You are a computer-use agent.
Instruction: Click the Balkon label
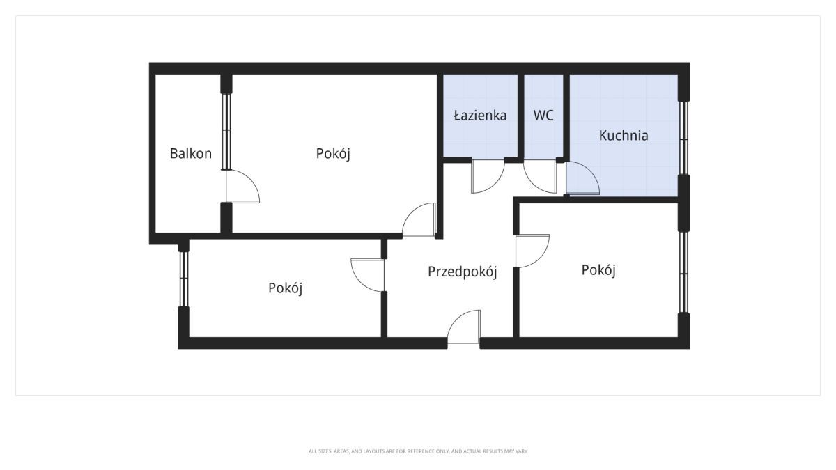(191, 153)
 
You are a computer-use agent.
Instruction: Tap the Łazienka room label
(480, 116)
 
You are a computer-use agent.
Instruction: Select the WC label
(543, 116)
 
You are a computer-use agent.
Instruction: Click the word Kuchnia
(624, 135)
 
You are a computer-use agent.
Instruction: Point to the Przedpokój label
(463, 272)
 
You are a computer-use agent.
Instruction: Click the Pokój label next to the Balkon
(333, 153)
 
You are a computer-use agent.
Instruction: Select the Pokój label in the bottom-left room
(285, 288)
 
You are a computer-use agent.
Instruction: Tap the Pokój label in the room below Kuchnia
(598, 269)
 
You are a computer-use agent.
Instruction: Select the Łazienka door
(488, 176)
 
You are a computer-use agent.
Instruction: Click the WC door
(540, 176)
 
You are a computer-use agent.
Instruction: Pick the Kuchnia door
(582, 178)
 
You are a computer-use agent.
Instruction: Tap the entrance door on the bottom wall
(464, 327)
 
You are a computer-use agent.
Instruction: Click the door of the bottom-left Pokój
(368, 275)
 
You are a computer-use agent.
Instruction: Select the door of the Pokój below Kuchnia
(532, 251)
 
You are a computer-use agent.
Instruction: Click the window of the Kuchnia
(683, 138)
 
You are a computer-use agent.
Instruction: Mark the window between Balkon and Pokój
(226, 132)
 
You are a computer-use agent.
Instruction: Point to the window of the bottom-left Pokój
(184, 279)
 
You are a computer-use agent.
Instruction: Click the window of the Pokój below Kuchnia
(683, 272)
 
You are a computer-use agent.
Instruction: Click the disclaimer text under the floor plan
(418, 451)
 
